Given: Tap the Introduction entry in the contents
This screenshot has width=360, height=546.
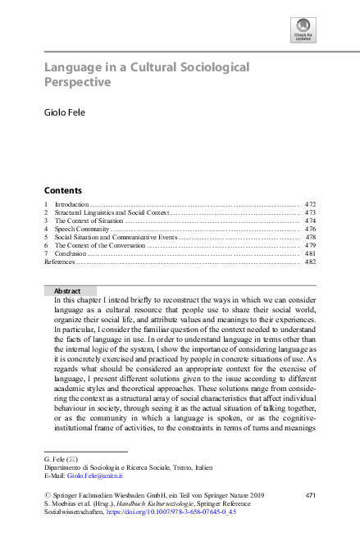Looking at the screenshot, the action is (x=71, y=203).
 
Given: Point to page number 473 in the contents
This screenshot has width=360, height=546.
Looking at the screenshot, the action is (x=310, y=212).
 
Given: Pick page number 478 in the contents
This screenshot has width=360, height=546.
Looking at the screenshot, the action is (x=310, y=237).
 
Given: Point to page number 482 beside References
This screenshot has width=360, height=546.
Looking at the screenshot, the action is (x=310, y=262).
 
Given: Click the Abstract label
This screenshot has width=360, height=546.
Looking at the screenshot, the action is (x=66, y=291).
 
